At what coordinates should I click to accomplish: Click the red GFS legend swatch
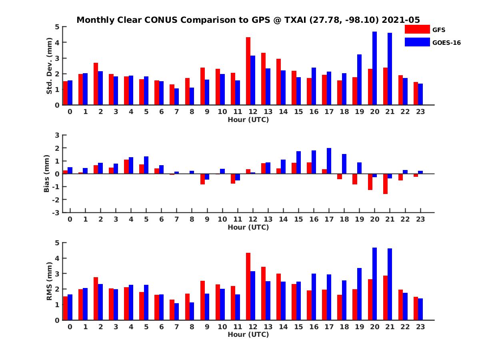click(416, 29)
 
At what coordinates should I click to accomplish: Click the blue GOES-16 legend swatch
click(416, 42)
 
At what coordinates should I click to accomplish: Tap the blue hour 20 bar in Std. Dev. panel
click(375, 68)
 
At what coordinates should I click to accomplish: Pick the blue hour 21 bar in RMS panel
click(390, 284)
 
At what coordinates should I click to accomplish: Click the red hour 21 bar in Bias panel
click(386, 184)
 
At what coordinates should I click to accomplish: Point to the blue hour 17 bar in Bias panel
click(329, 161)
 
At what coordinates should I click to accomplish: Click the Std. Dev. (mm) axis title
click(50, 66)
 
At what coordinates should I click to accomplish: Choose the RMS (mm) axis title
click(50, 281)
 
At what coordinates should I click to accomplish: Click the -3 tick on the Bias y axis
click(57, 212)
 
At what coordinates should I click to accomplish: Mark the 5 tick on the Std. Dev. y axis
click(58, 27)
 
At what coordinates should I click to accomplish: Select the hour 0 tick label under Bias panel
click(70, 219)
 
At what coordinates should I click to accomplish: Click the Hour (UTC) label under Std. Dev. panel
click(248, 119)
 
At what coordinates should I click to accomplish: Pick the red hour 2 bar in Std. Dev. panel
click(96, 84)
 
